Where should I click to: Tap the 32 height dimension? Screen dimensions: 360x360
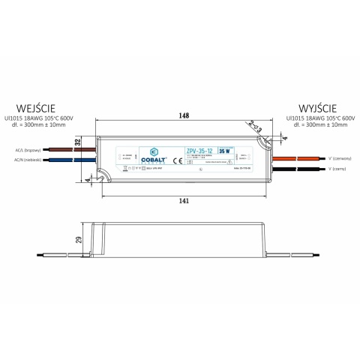pyautogui.click(x=77, y=141)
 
